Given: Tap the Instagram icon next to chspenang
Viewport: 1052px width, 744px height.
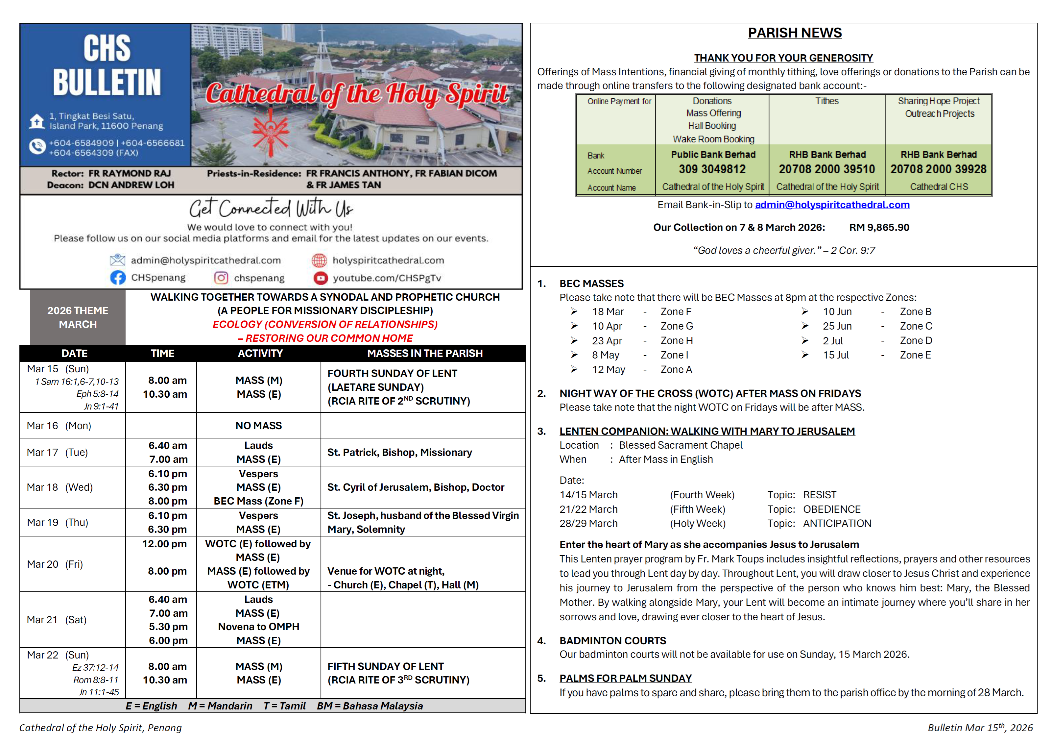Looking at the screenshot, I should (x=221, y=278).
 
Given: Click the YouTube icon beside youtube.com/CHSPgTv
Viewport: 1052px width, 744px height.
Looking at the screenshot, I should (x=320, y=278).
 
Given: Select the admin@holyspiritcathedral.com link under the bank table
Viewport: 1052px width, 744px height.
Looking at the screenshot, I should (x=832, y=205).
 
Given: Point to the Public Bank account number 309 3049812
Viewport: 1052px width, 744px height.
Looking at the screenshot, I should (x=712, y=169).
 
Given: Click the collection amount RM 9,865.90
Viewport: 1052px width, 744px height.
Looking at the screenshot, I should (x=879, y=227).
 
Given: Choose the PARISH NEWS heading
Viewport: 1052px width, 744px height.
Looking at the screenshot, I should (x=795, y=33).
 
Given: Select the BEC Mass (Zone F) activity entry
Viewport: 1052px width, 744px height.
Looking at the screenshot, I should (x=258, y=501).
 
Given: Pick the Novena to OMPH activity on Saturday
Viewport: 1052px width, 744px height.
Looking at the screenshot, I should (x=258, y=627).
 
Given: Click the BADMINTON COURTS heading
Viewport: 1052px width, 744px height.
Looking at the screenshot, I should (x=612, y=640).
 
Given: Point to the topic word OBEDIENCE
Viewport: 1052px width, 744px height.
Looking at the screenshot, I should (x=832, y=509).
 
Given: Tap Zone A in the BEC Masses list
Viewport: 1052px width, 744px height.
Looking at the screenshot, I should (x=676, y=369).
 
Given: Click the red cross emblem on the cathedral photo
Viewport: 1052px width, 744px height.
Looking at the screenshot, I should (x=271, y=132).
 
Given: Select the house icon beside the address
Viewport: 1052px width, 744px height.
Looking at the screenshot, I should (x=36, y=121).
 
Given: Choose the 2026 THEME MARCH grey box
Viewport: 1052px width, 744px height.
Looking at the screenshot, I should (x=78, y=317).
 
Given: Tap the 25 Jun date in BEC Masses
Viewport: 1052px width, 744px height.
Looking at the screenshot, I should (x=837, y=326).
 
